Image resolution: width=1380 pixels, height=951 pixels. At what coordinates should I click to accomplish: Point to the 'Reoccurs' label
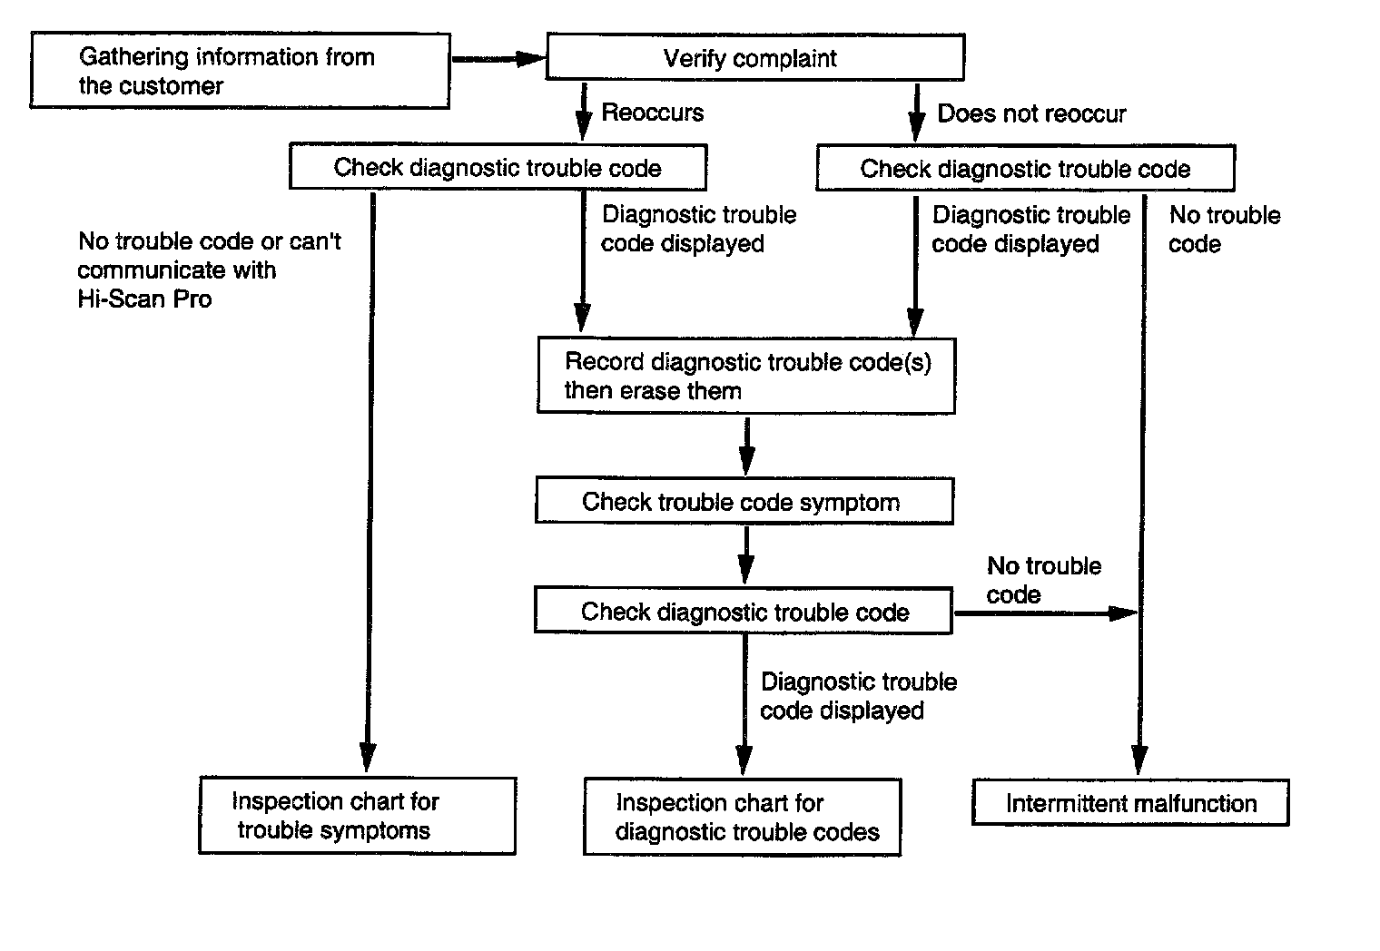coord(653,113)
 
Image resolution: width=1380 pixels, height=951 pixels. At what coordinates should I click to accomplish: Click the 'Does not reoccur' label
coord(1032,114)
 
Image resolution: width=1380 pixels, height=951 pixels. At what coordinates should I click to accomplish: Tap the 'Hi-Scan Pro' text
coord(144,299)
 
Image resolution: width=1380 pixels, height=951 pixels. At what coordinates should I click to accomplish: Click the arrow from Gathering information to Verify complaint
coord(499,59)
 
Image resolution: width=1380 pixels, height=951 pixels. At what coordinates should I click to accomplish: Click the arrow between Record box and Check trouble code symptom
coord(746,446)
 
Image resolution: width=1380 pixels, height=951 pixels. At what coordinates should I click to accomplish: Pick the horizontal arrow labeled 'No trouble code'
coord(1046,613)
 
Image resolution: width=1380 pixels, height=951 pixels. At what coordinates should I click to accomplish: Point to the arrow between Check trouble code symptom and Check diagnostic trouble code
coord(745,555)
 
